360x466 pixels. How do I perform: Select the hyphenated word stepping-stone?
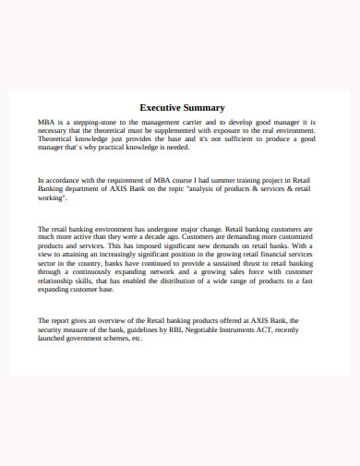pos(97,122)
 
